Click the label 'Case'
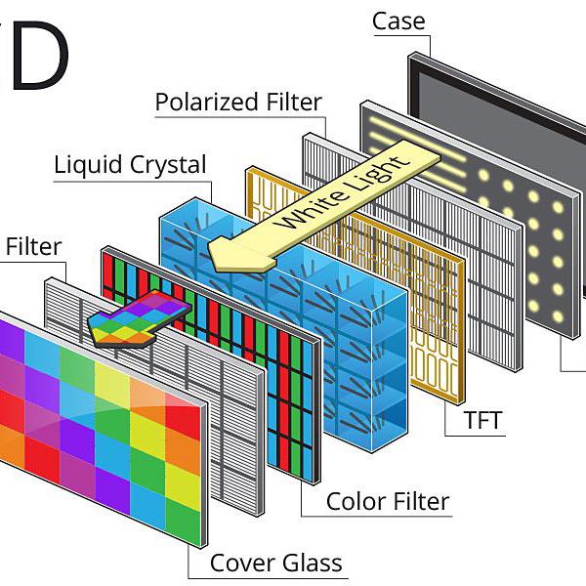[x=398, y=21]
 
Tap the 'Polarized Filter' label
[x=238, y=103]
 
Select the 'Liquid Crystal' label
[x=130, y=163]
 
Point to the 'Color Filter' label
[x=388, y=502]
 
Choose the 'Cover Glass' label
[x=276, y=563]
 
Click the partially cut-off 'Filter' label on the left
[x=33, y=246]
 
